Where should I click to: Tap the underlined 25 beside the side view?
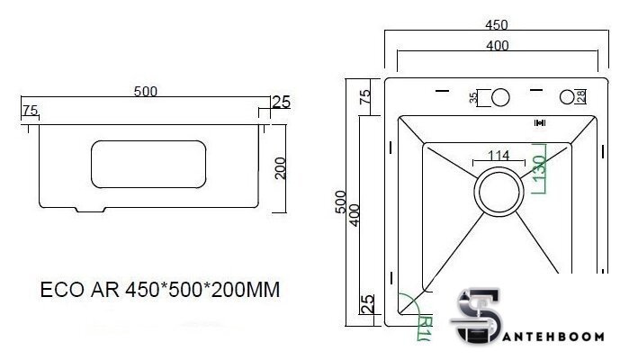pyautogui.click(x=280, y=102)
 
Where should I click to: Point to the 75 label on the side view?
pyautogui.click(x=29, y=111)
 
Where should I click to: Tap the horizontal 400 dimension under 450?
pyautogui.click(x=496, y=46)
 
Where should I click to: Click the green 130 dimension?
pyautogui.click(x=540, y=168)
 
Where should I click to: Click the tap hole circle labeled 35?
pyautogui.click(x=499, y=97)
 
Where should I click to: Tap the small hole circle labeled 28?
pyautogui.click(x=567, y=96)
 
